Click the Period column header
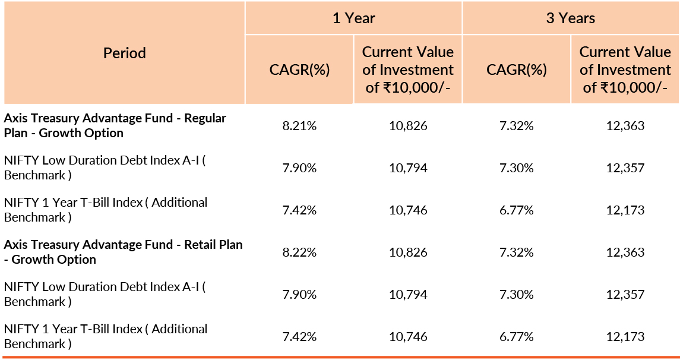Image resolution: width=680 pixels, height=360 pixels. (125, 53)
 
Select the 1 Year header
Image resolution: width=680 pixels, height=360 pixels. (353, 18)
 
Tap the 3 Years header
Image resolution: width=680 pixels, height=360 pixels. (571, 18)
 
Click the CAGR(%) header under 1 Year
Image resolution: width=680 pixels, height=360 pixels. (299, 70)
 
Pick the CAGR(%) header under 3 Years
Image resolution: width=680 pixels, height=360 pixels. (517, 70)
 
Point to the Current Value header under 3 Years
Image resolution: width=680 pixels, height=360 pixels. (625, 70)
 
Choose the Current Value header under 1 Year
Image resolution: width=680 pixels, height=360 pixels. (408, 70)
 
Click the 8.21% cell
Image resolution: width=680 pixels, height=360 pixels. (299, 125)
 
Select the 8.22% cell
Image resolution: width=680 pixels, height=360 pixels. (299, 252)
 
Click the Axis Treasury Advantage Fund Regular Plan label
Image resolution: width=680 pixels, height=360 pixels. (115, 125)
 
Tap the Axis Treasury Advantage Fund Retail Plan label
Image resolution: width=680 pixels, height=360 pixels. (123, 252)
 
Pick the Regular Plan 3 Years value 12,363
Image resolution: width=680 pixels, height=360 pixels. (625, 125)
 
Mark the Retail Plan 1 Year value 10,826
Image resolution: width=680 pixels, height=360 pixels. (408, 252)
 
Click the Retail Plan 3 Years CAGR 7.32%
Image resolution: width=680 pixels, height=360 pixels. (517, 252)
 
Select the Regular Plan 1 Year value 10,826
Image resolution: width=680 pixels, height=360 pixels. (408, 125)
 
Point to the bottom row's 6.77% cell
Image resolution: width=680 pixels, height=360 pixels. (517, 337)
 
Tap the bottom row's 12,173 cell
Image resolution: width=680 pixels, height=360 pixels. (625, 337)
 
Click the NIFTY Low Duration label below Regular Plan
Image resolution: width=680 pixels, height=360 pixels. (105, 168)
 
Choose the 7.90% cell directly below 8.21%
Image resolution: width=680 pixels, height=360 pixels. (299, 168)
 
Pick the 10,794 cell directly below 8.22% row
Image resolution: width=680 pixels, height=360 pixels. (408, 294)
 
